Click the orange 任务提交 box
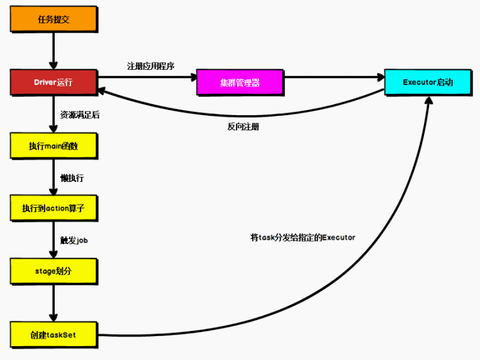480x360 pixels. pyautogui.click(x=53, y=20)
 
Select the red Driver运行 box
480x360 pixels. pyautogui.click(x=53, y=82)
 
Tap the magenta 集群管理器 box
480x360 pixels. pyautogui.click(x=240, y=82)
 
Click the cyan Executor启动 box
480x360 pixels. pyautogui.click(x=428, y=82)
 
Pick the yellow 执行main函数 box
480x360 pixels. pyautogui.click(x=53, y=146)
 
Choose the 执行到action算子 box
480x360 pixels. pyautogui.click(x=53, y=208)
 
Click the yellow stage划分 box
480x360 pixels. pyautogui.click(x=53, y=271)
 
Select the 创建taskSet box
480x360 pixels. pyautogui.click(x=53, y=335)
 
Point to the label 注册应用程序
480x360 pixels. pyautogui.click(x=150, y=66)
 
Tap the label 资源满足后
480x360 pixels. pyautogui.click(x=80, y=115)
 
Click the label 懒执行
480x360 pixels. pyautogui.click(x=72, y=178)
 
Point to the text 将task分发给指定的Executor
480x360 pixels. pyautogui.click(x=303, y=237)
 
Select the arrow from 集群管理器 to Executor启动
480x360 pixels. pyautogui.click(x=333, y=77)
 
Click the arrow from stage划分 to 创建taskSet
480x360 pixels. pyautogui.click(x=53, y=302)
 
